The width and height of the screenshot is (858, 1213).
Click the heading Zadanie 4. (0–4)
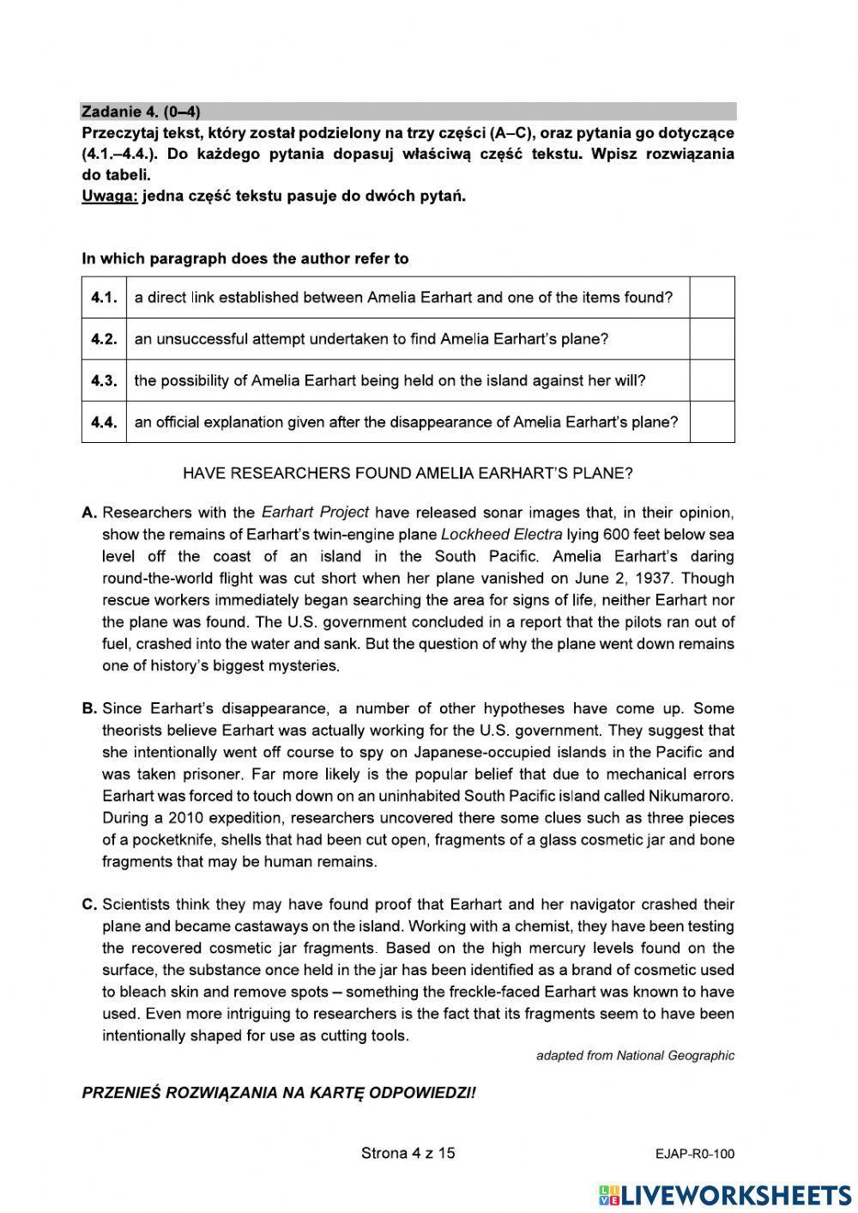(x=142, y=112)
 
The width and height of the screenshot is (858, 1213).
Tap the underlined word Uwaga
(x=109, y=196)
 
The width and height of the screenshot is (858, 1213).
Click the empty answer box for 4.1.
(x=712, y=297)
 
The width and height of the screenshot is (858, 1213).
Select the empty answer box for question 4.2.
(x=712, y=338)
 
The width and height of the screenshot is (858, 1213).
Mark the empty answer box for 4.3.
(x=712, y=380)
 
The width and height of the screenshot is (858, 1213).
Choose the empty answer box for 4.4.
(x=712, y=422)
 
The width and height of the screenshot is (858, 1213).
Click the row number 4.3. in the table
(x=104, y=380)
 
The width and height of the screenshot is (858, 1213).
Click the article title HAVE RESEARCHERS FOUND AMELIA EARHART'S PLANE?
(x=408, y=473)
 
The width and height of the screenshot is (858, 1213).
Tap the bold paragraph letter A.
(x=89, y=513)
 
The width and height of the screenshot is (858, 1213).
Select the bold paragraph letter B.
(x=89, y=709)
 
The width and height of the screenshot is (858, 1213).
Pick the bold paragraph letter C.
(x=89, y=905)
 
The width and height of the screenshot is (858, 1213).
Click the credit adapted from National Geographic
(x=635, y=1056)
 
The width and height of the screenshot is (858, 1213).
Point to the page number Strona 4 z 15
(x=408, y=1153)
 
